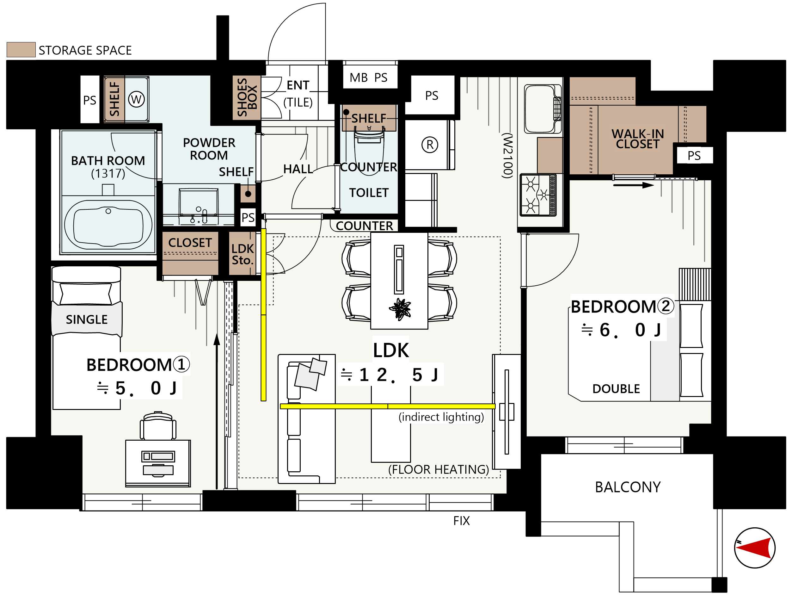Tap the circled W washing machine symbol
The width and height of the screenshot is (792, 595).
coord(136,99)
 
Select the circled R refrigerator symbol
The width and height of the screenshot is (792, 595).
coord(430,145)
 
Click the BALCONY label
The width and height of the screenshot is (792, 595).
coord(628,487)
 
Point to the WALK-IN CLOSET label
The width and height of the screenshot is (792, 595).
coord(638,139)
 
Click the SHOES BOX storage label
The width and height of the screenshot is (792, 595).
coord(247,97)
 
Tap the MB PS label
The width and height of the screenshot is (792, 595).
coord(368,77)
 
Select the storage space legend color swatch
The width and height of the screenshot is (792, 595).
coord(21,49)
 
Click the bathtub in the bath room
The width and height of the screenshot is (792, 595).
coord(108,225)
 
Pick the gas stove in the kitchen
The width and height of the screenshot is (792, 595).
coord(538,195)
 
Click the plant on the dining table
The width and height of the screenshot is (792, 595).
coord(400,308)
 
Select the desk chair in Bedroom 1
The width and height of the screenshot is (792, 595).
coord(158,425)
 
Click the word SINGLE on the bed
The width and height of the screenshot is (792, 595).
coord(87,319)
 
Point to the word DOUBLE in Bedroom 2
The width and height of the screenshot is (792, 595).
coord(616,389)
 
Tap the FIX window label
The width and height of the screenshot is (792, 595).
coord(462,520)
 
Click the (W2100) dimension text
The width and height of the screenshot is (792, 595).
coord(507,155)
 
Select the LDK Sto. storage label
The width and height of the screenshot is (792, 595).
coord(243,254)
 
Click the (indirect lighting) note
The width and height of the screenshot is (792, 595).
coord(441,417)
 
